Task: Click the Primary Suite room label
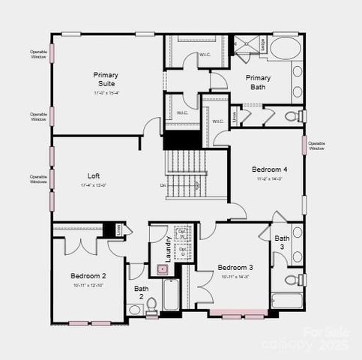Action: click(x=106, y=79)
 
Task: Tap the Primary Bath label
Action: click(x=259, y=82)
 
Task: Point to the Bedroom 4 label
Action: click(x=268, y=169)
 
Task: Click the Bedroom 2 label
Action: click(x=88, y=276)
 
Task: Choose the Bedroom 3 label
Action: click(x=235, y=268)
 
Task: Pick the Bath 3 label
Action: click(x=282, y=242)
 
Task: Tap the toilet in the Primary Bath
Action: click(x=299, y=115)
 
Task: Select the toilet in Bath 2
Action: click(x=151, y=304)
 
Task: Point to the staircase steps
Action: click(x=185, y=174)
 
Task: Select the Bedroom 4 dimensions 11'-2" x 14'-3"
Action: click(x=268, y=179)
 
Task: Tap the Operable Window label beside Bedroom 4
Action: click(x=316, y=145)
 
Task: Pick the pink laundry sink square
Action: click(x=161, y=268)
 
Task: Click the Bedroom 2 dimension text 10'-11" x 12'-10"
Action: click(x=88, y=286)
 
